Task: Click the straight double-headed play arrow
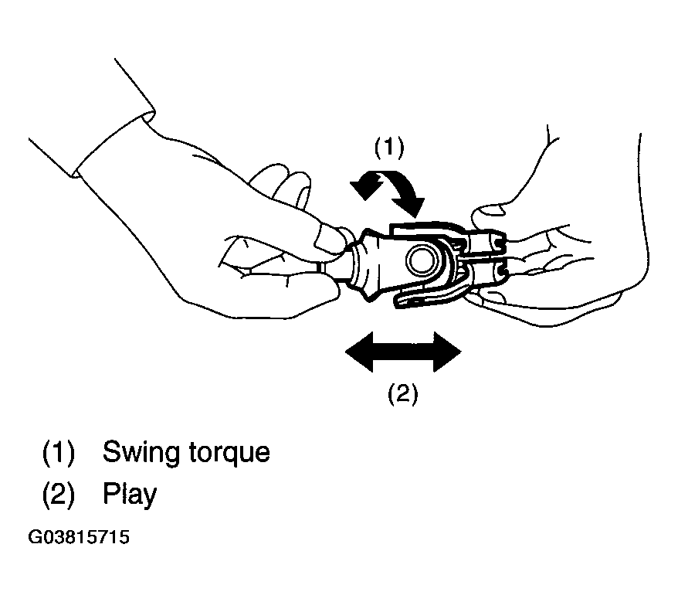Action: coord(403,352)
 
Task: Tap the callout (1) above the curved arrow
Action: coord(388,146)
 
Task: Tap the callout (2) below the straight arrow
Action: coord(402,394)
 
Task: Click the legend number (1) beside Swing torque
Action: coord(59,453)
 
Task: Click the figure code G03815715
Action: coord(79,537)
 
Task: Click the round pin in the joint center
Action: coord(422,260)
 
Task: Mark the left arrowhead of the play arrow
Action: coord(359,352)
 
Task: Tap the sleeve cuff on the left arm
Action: coord(114,143)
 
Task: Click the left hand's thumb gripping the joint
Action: coord(330,236)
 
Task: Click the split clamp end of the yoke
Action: coord(488,254)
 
